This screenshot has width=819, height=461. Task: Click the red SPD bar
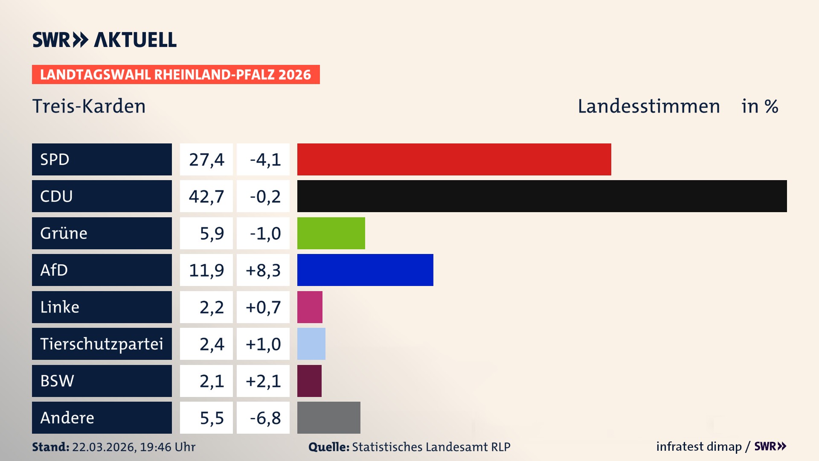click(x=454, y=159)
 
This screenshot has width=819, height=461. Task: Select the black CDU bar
click(x=542, y=196)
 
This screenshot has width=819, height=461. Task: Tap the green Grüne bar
click(x=331, y=233)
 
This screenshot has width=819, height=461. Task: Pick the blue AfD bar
click(x=365, y=270)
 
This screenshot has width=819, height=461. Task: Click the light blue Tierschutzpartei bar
click(x=311, y=344)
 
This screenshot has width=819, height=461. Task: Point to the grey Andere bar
click(x=328, y=417)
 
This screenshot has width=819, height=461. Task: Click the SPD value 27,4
click(x=206, y=159)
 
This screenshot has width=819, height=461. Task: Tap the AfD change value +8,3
click(x=263, y=270)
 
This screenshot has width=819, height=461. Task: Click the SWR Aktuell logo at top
click(x=105, y=40)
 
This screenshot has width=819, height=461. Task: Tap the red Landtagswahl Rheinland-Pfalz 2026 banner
click(x=176, y=74)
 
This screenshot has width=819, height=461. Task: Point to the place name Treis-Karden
click(x=89, y=106)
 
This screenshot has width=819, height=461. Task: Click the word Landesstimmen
click(x=648, y=106)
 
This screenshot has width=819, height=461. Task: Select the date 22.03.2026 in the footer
click(x=103, y=447)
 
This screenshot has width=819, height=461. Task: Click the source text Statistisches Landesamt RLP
click(x=431, y=447)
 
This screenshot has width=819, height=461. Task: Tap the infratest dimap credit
click(x=699, y=446)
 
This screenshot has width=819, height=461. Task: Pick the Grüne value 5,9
click(x=212, y=233)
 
